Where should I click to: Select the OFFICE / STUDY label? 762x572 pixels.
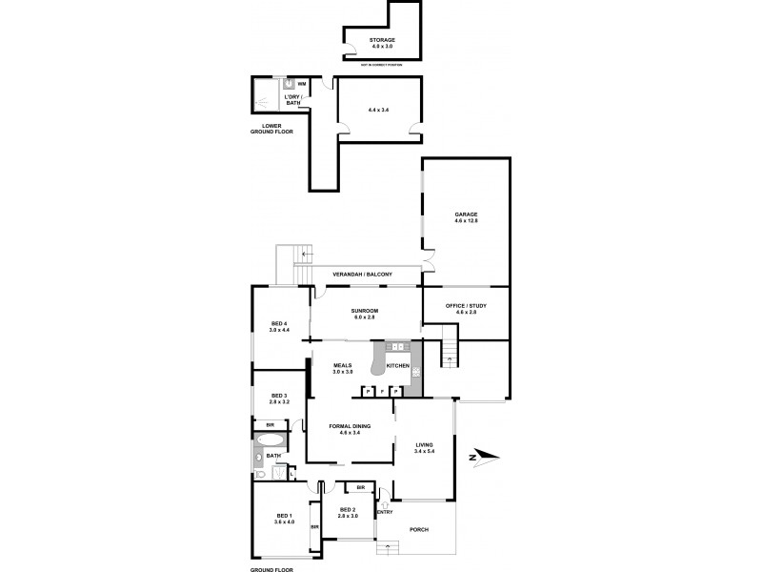[466, 308]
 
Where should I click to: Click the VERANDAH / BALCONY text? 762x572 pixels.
[362, 275]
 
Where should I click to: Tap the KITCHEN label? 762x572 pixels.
[398, 366]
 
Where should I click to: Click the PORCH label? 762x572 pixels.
[418, 529]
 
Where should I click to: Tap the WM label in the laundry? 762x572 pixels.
[302, 85]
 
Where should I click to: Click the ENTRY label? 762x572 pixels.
[385, 513]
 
